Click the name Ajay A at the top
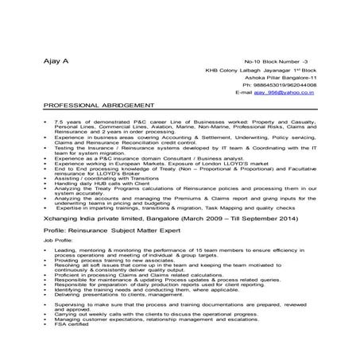55,61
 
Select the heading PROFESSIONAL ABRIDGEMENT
99,105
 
